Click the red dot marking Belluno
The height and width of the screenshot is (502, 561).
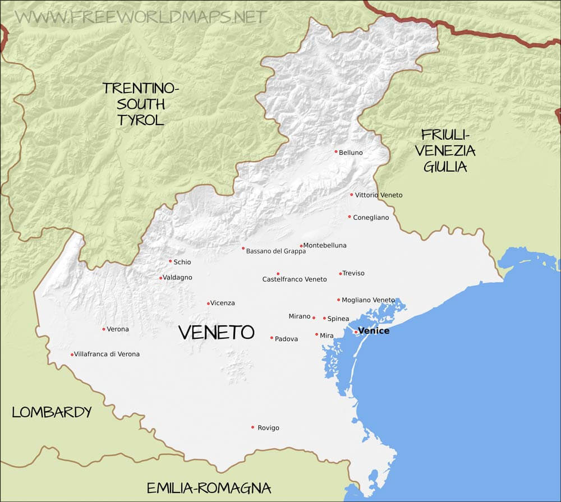click(x=335, y=151)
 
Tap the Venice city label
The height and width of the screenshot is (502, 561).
click(x=374, y=331)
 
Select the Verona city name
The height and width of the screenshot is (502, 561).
click(x=118, y=329)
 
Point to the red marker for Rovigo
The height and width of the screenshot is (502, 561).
click(x=252, y=427)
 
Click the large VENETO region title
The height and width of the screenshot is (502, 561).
click(x=216, y=332)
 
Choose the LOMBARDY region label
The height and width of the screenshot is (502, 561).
click(x=52, y=412)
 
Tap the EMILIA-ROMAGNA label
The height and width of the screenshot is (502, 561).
click(x=209, y=487)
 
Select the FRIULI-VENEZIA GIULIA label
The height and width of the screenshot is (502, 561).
click(x=449, y=150)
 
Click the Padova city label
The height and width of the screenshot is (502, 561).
click(x=286, y=339)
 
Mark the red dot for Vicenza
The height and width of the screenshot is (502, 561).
click(x=208, y=303)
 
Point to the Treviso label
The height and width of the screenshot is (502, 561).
click(x=353, y=273)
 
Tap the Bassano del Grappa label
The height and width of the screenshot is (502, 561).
click(x=276, y=251)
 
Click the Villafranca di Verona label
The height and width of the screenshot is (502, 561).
click(x=107, y=354)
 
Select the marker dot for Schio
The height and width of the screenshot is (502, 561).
click(x=170, y=261)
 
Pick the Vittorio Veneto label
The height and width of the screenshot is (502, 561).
click(x=379, y=195)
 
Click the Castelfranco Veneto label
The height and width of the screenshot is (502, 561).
click(x=295, y=279)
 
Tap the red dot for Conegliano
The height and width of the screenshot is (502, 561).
click(x=349, y=217)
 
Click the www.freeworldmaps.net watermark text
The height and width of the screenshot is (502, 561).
click(x=140, y=16)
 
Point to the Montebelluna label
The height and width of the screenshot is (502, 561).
click(x=325, y=245)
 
